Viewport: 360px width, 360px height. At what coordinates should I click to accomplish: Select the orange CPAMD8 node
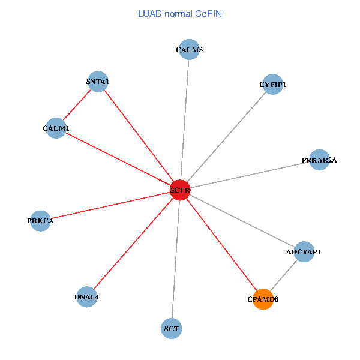tap(263, 299)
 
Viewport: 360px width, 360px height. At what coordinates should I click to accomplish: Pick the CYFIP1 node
tap(272, 85)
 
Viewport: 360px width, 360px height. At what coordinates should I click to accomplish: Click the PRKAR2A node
tap(319, 160)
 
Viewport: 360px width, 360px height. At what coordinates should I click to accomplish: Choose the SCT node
tap(172, 328)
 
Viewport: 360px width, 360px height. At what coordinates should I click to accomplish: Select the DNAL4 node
tap(87, 297)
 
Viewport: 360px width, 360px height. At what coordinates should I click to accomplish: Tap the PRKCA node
tap(40, 221)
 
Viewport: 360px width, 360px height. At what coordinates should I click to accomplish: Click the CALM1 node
tap(56, 128)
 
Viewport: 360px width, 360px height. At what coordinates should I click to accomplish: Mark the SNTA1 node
tap(97, 82)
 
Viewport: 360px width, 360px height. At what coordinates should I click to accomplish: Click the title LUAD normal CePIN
tap(180, 13)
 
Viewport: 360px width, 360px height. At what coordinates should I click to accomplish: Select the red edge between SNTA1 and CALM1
tap(77, 104)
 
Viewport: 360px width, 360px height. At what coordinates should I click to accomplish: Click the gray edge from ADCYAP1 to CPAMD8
tap(284, 275)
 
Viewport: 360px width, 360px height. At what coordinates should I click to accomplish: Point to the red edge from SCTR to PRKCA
tap(110, 205)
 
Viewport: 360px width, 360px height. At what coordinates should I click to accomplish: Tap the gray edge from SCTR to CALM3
tap(185, 120)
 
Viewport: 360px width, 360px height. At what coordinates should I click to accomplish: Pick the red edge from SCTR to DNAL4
tap(133, 244)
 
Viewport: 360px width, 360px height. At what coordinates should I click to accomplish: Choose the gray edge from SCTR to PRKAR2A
tap(250, 175)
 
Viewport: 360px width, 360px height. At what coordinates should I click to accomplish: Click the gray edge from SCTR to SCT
tap(176, 259)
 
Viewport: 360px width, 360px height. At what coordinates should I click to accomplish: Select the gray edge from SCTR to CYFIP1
tap(226, 137)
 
